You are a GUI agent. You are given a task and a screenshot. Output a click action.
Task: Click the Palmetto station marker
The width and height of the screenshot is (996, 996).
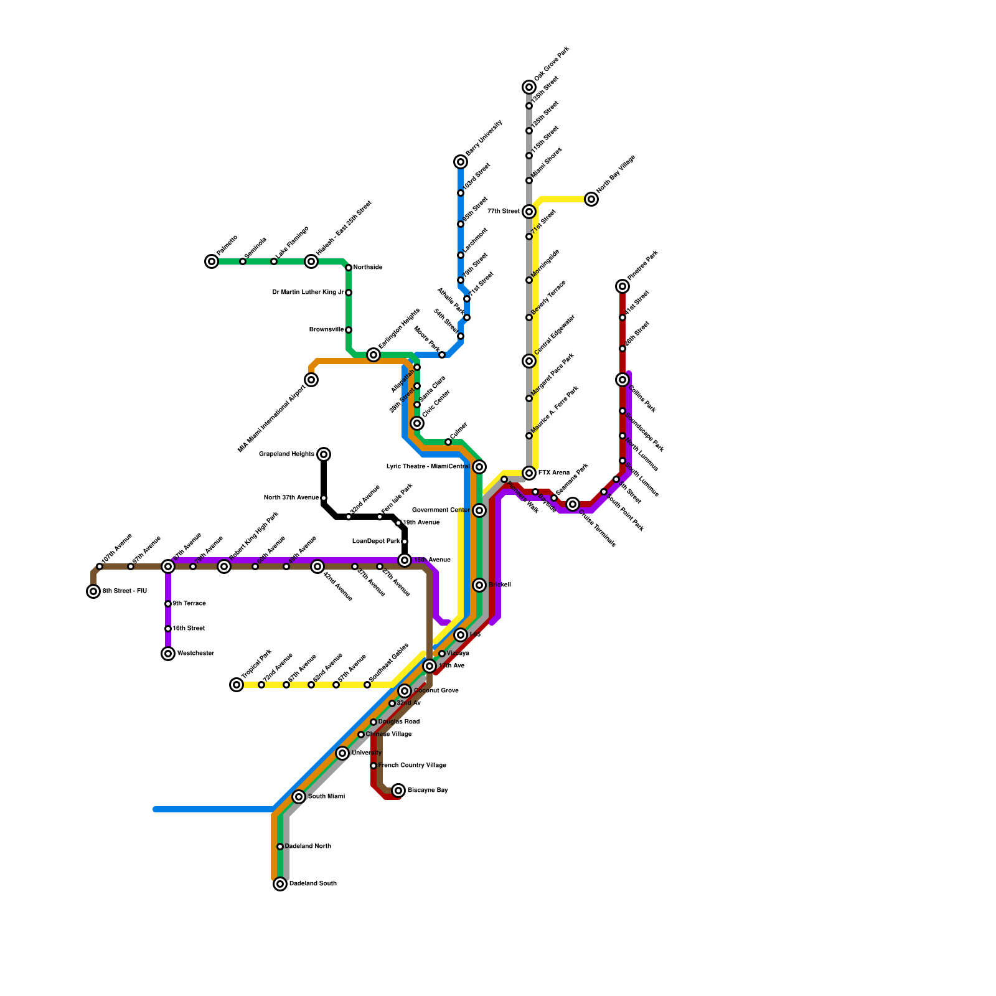pos(212,261)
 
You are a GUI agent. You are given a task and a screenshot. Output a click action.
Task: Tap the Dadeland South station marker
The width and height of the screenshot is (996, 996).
pos(280,884)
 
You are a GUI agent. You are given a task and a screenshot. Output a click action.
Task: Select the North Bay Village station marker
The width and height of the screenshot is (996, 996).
pos(591,199)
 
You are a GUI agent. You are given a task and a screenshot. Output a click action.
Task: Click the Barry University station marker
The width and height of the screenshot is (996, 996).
pos(461,162)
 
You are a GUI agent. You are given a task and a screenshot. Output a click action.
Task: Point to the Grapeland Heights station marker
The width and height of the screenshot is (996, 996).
pos(324,454)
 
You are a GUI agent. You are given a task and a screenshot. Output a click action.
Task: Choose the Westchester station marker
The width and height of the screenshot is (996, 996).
pos(168,654)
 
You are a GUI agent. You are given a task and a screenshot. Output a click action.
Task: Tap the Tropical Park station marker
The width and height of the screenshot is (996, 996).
pos(237,685)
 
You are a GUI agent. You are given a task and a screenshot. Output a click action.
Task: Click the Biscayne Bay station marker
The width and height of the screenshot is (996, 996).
pos(398,791)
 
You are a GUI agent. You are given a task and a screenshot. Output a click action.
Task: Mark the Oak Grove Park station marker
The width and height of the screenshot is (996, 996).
pos(529,87)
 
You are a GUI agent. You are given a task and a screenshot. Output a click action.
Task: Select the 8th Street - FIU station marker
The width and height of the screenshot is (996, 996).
pos(93,591)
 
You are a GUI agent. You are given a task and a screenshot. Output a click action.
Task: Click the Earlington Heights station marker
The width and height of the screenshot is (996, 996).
pos(374,355)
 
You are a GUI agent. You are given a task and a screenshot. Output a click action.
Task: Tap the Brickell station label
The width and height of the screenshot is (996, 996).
pos(500,585)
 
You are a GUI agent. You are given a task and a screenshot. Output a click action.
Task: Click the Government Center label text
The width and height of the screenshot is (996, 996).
pos(441,510)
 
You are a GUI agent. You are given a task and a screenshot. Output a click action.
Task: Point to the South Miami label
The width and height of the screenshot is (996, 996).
pos(326,797)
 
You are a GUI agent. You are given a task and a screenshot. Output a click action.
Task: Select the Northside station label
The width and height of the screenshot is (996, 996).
pos(368,268)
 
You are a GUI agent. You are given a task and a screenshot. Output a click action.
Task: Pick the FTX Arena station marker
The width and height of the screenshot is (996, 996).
pos(529,473)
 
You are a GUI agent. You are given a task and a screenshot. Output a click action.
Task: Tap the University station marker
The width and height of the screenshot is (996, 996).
pos(342,753)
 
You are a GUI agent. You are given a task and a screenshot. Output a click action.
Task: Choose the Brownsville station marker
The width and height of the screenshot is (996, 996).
pos(349,330)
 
